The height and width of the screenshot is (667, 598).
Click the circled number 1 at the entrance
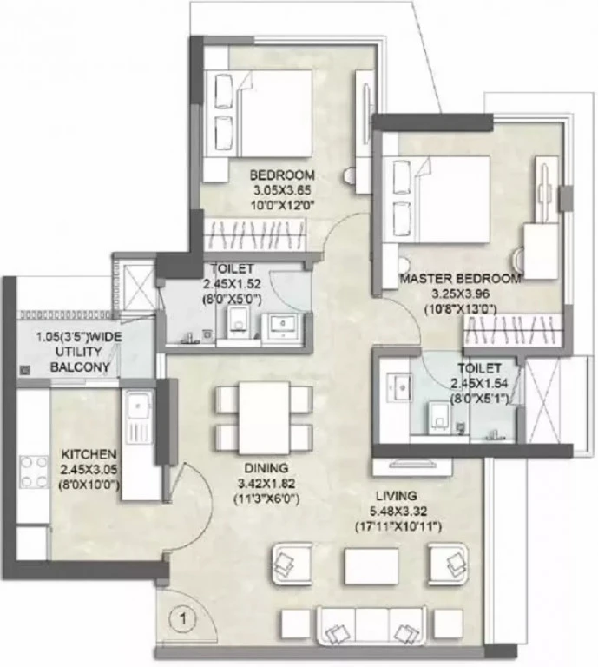click(x=184, y=618)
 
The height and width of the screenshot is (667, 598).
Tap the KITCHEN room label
click(x=89, y=453)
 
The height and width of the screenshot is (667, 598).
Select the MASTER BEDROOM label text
click(x=461, y=279)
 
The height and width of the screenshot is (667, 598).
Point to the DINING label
click(x=266, y=468)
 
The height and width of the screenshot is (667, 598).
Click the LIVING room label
click(x=397, y=496)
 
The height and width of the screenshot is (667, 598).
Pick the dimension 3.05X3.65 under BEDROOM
click(x=282, y=190)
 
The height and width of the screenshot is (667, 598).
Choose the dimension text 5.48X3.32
click(x=398, y=511)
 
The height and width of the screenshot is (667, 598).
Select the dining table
click(x=264, y=418)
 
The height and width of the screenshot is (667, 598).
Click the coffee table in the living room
click(x=371, y=566)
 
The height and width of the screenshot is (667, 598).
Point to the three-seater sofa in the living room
click(x=371, y=626)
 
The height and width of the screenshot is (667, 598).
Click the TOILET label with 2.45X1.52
click(x=232, y=269)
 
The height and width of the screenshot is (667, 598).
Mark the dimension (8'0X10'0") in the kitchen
click(x=89, y=485)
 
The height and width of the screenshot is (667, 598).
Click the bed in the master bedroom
click(x=436, y=200)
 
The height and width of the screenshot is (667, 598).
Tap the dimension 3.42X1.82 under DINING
click(x=266, y=484)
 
